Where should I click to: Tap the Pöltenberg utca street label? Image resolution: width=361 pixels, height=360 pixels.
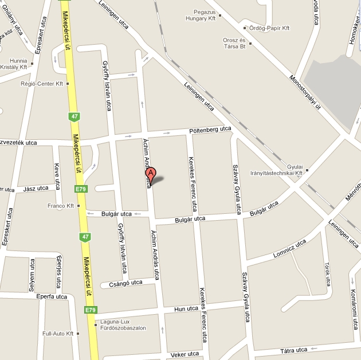210,130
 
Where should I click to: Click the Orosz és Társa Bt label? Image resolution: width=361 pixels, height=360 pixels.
233,43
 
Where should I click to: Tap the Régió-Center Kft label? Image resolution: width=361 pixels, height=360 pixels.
41,84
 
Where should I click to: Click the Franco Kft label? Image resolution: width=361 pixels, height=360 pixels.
61,206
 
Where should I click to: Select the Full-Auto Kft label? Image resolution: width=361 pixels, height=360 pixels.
58,333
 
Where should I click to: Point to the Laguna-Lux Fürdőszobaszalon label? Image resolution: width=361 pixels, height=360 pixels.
123,324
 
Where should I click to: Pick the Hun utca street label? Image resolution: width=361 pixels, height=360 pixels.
186,309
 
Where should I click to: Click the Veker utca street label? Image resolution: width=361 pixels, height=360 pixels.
185,354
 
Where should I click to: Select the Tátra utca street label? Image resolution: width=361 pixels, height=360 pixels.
294,350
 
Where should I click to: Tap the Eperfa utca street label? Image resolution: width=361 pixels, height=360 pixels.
52,296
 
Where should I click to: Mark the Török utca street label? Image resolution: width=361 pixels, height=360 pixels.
328,274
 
